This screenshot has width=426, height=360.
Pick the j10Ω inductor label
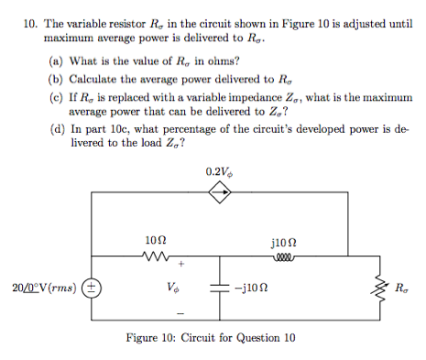(280, 240)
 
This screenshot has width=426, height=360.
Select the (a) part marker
(54, 60)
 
